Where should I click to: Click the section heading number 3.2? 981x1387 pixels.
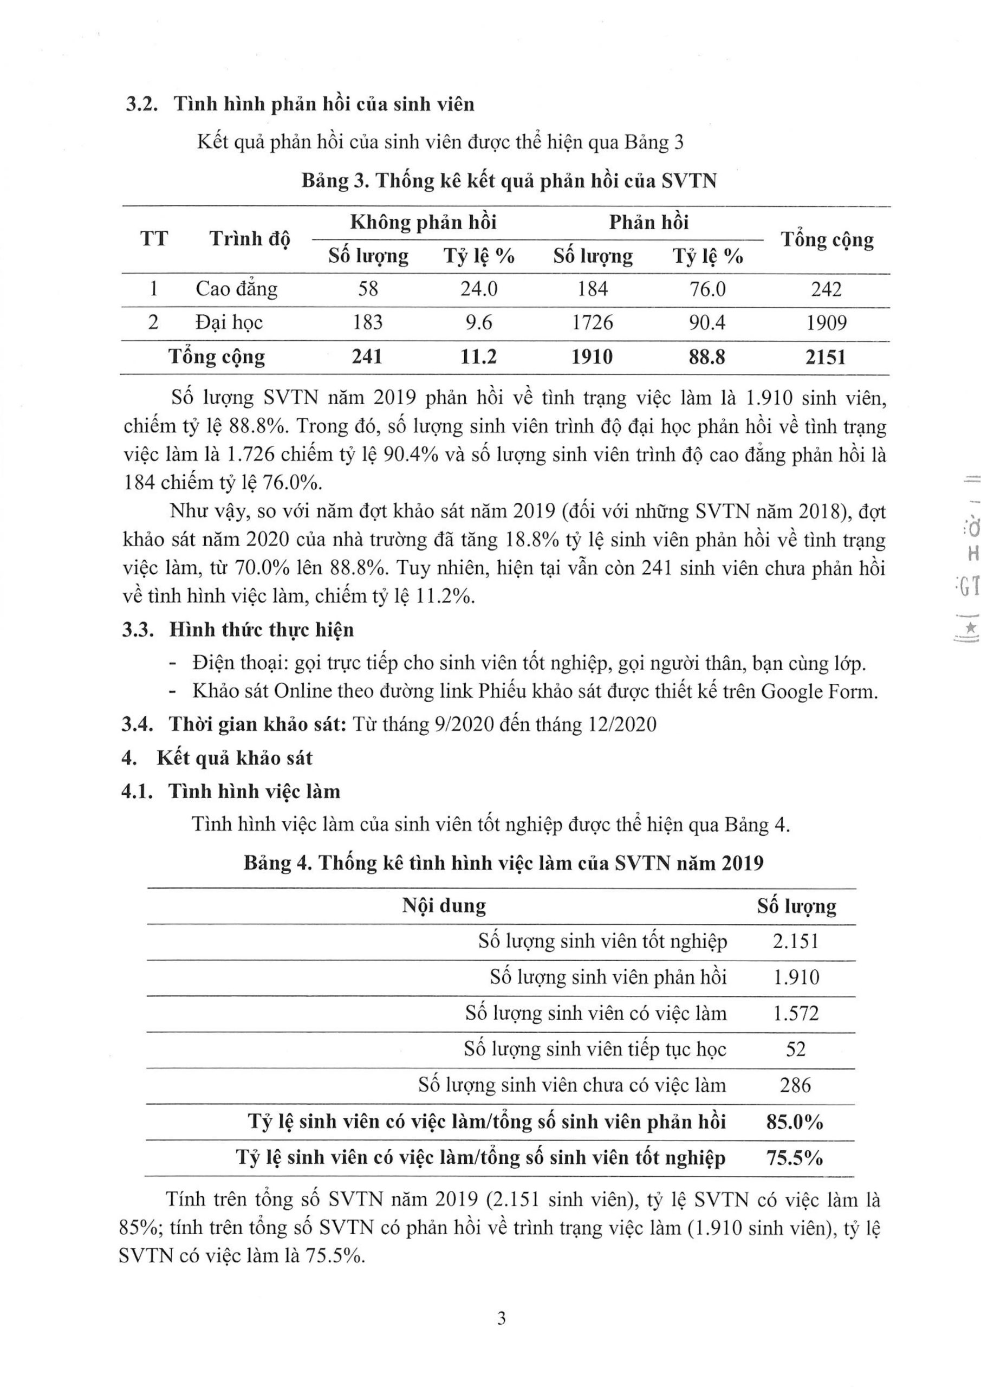(141, 105)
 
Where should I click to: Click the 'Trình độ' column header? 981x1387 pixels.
(250, 239)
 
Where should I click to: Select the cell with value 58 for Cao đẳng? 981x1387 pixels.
(368, 289)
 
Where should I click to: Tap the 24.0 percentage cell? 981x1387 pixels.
(479, 289)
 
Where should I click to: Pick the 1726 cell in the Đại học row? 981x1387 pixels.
(592, 322)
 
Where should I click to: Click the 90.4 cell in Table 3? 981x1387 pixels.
(707, 322)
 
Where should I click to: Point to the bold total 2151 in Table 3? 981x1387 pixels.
(826, 358)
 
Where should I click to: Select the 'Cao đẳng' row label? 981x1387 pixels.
(236, 289)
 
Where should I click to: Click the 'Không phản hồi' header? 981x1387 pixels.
(423, 222)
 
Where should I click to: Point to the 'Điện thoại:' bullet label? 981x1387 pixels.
(238, 663)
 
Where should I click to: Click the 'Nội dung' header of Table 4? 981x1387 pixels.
(444, 905)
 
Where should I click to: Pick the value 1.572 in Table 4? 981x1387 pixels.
(796, 1013)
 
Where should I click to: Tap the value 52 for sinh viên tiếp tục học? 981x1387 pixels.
(796, 1049)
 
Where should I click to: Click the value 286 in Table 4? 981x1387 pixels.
(795, 1085)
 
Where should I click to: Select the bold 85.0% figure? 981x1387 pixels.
(794, 1122)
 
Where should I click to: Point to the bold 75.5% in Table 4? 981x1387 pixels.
(794, 1157)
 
